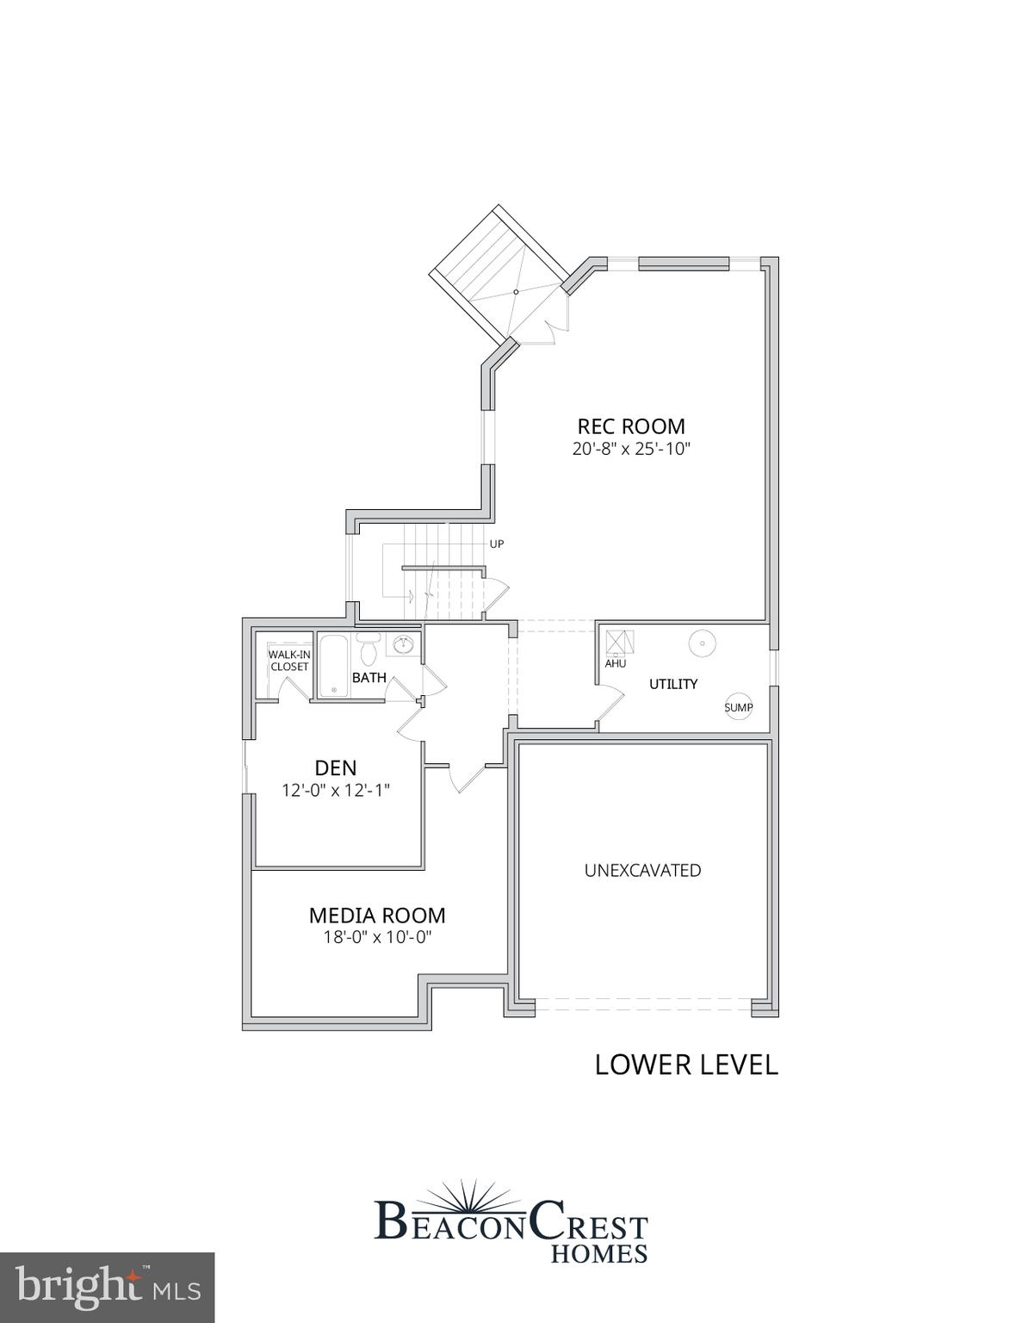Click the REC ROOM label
tap(630, 426)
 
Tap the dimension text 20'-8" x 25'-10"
tap(631, 449)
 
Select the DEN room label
tap(335, 767)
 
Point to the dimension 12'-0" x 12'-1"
tap(336, 790)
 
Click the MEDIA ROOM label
tap(377, 916)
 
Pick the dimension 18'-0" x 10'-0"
tap(377, 937)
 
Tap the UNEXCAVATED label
tap(642, 870)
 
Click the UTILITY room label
tap(672, 684)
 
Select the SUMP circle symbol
tap(738, 707)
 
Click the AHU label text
tap(615, 663)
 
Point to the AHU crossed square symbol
tap(619, 642)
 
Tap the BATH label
tap(369, 678)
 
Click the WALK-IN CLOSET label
tap(289, 661)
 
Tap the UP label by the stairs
tap(496, 544)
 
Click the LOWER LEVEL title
tap(686, 1065)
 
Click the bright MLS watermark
tap(107, 1287)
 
